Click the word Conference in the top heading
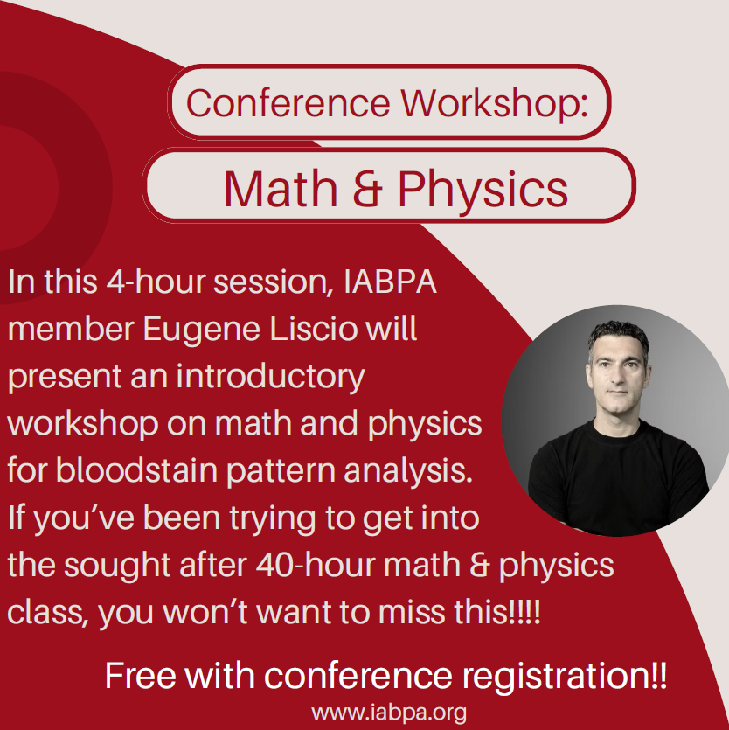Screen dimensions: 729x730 pos(288,102)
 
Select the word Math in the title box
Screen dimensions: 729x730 pos(281,188)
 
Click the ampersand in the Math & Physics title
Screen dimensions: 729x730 pos(367,189)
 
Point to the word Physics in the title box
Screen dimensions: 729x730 pos(483,190)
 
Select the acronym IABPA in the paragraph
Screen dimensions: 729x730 pos(390,282)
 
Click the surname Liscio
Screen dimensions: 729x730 pos(314,328)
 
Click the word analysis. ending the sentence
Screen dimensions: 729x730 pos(408,471)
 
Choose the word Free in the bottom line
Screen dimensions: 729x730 pos(141,675)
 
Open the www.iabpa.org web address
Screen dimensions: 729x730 pos(389,713)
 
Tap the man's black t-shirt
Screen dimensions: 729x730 pos(618,480)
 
